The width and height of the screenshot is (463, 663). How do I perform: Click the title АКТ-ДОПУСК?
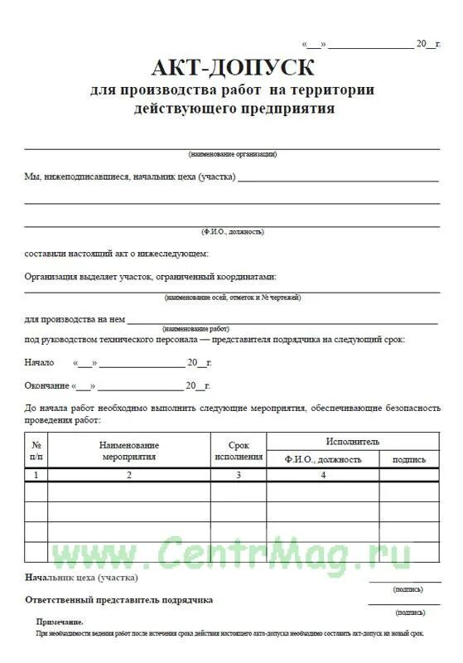(233, 66)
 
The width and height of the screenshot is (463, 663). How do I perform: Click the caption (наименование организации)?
(233, 154)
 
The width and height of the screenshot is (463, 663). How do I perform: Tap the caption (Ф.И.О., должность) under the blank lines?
(233, 231)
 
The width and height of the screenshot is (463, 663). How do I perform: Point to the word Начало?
(40, 362)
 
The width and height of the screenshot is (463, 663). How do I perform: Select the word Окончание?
(46, 385)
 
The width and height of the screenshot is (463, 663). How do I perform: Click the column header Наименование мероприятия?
(129, 451)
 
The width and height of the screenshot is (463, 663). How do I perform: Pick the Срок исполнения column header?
(239, 451)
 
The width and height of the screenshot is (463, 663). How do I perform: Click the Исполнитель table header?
(352, 442)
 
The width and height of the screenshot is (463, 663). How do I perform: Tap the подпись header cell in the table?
(409, 459)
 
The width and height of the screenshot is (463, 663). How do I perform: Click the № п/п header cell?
(36, 451)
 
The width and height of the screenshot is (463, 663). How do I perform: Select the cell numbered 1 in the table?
(36, 475)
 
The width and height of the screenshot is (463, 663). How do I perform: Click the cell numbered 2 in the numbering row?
(129, 475)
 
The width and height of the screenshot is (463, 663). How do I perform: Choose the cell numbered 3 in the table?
(239, 475)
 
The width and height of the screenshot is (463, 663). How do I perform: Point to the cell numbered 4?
(323, 475)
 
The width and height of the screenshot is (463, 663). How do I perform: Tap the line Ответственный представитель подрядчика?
(119, 599)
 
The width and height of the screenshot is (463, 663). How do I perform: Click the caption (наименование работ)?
(196, 328)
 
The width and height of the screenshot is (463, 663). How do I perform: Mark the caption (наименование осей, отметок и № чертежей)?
(233, 297)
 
